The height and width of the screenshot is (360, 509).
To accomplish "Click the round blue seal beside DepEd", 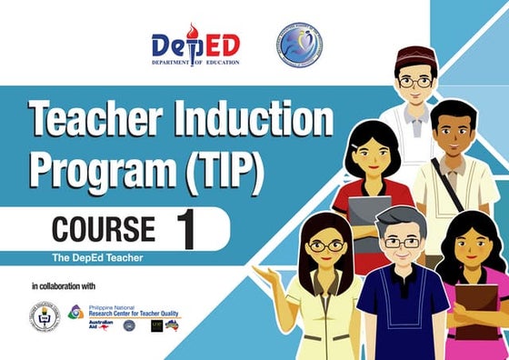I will coord(299,45).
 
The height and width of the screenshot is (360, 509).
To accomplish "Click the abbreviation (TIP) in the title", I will coord(218,169).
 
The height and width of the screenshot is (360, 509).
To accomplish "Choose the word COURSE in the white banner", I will coord(102,228).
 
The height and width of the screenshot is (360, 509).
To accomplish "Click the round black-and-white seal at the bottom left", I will coord(45,316).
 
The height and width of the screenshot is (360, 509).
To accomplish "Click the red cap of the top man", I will coord(414,52).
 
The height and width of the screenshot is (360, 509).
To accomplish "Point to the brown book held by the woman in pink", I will coord(477,310).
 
